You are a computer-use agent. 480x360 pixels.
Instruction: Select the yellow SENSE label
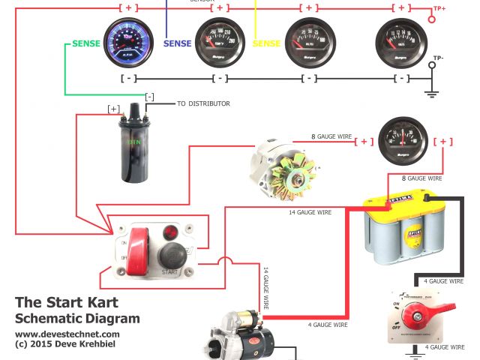[267, 44]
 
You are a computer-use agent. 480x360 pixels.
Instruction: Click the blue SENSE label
[178, 44]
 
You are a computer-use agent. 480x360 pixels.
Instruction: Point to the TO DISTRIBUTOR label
[202, 103]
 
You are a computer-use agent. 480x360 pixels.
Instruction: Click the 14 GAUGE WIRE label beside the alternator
[310, 213]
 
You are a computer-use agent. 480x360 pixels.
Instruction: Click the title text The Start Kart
[62, 303]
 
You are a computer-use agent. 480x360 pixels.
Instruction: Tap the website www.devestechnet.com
[67, 334]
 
